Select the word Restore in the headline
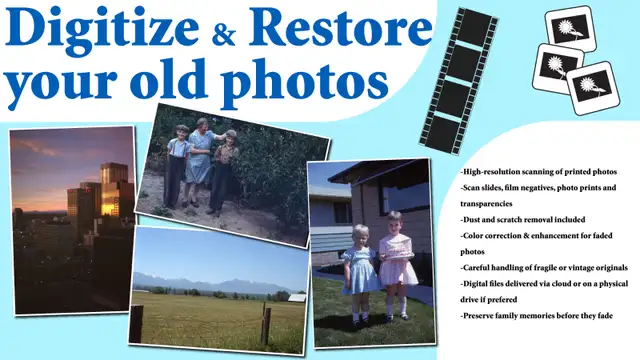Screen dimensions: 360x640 pyautogui.click(x=343, y=27)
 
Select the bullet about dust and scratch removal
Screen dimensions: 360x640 pyautogui.click(x=522, y=218)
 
